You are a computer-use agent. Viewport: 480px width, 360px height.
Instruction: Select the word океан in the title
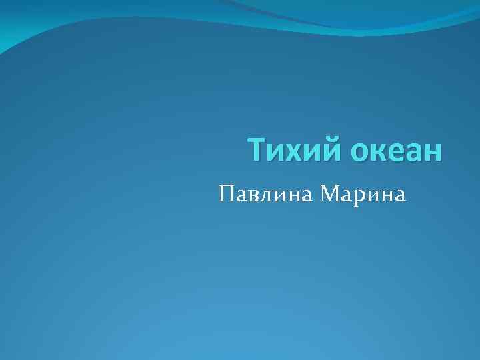(396, 150)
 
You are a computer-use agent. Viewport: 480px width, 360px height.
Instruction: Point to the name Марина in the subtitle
(362, 194)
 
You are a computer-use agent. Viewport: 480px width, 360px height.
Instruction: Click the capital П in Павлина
(225, 193)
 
